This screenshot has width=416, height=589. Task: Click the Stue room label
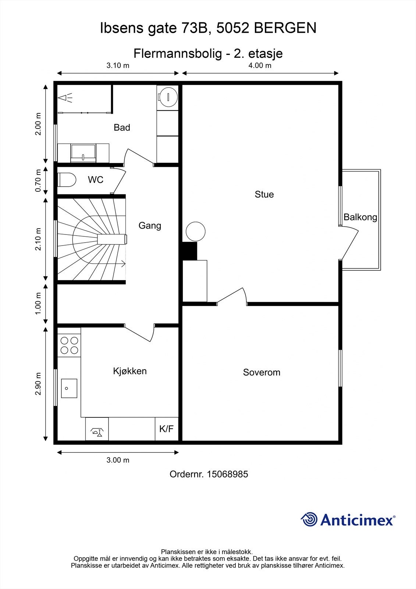264,194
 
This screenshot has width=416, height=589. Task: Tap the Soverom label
262,372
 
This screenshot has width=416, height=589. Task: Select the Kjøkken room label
130,371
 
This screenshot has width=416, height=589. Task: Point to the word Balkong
360,217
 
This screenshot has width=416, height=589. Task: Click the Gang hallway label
150,226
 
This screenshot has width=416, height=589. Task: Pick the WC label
95,180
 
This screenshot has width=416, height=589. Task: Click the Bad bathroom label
122,127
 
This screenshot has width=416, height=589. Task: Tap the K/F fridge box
167,429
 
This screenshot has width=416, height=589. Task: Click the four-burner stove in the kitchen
69,346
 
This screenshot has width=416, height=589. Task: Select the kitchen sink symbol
69,388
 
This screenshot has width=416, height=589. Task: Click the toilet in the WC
67,180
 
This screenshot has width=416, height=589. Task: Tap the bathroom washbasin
83,153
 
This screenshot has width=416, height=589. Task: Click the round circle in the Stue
196,232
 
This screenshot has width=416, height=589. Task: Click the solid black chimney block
189,251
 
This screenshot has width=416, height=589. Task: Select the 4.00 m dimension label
260,65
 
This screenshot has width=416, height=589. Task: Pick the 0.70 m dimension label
38,180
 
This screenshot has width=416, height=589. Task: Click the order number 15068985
228,474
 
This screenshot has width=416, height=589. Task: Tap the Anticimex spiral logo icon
309,519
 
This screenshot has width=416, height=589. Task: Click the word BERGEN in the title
285,28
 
